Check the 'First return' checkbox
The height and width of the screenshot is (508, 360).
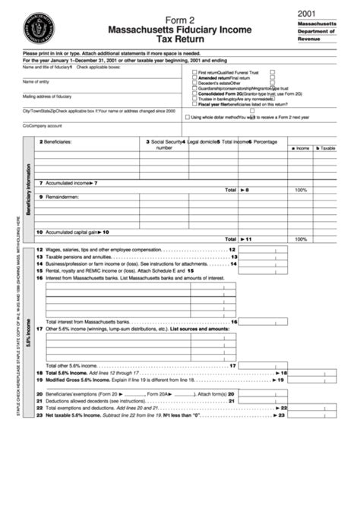coord(194,72)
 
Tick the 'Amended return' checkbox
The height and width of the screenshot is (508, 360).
coord(194,77)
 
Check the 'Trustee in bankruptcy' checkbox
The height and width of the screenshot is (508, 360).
coord(194,99)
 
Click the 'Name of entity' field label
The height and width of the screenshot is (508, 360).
coord(36,81)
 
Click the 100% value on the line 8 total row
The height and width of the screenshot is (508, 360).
coord(300,190)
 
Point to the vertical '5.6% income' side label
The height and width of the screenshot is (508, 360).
coord(30,330)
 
